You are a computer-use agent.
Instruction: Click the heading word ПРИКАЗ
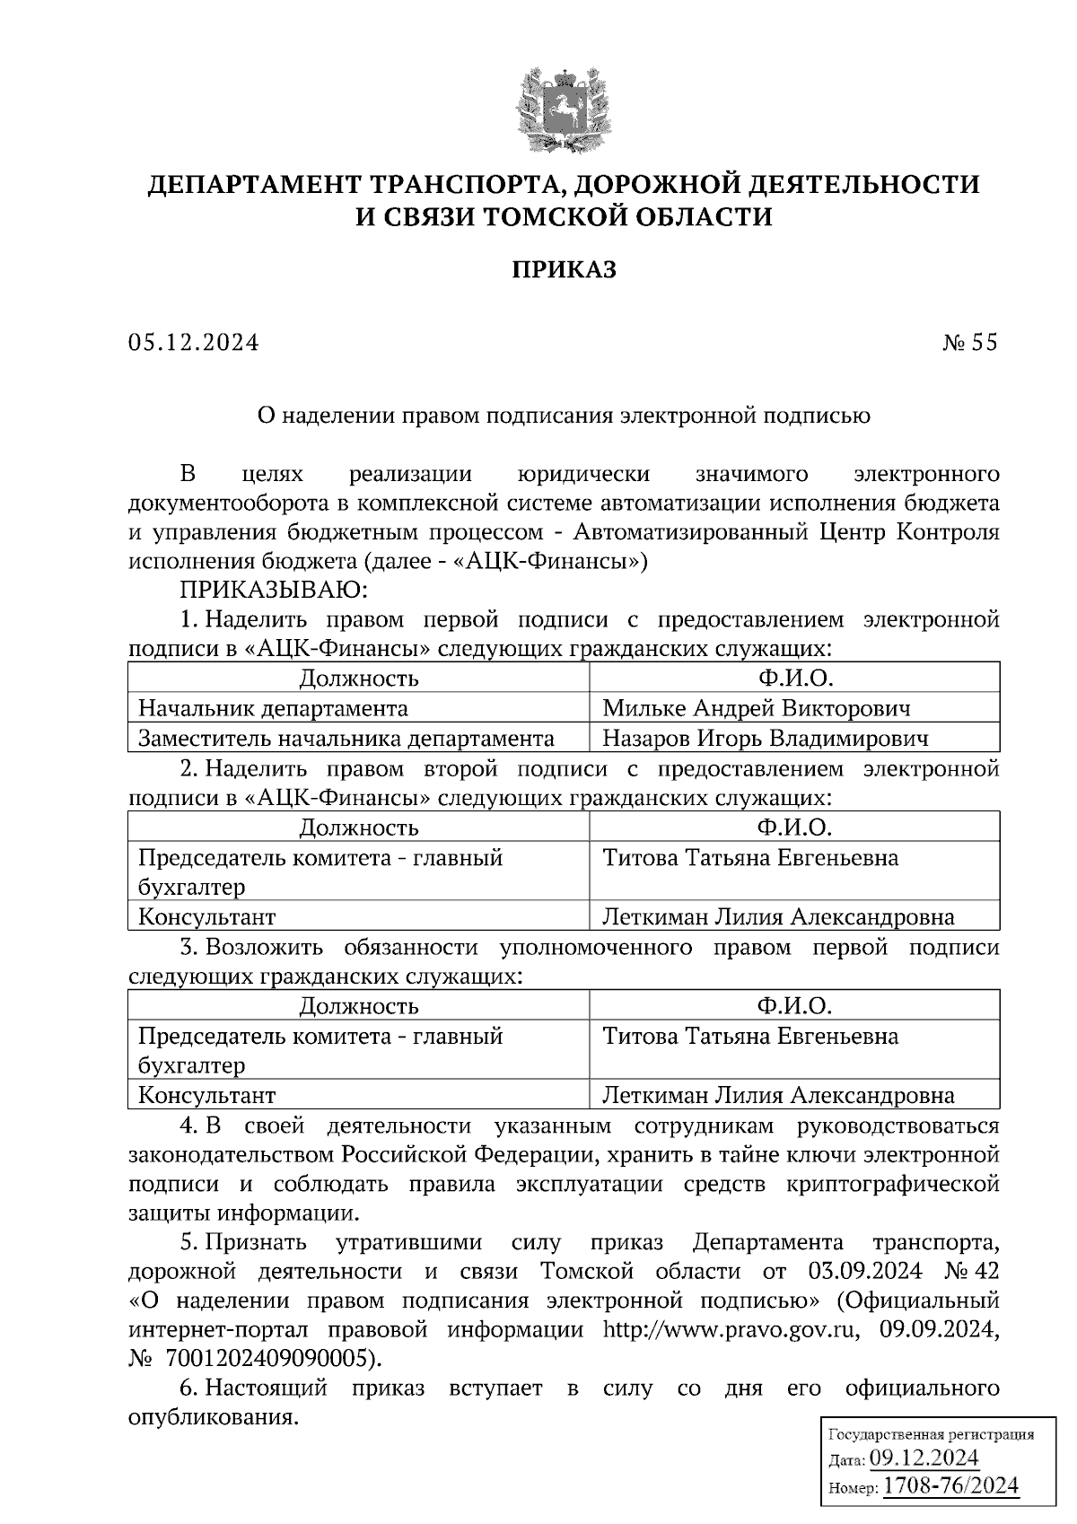coord(564,269)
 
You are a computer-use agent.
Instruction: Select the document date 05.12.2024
coord(193,342)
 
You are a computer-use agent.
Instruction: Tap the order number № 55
coord(969,342)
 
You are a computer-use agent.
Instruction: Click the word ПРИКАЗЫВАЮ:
coord(274,591)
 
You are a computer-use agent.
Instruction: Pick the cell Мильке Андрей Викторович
coord(756,708)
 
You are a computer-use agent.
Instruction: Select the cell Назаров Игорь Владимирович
coord(765,738)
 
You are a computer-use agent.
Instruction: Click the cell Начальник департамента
coord(273,708)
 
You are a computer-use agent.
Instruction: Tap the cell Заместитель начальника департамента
coord(346,738)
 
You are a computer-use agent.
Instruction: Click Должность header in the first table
coord(358,678)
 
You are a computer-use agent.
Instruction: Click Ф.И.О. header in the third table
coord(794,1005)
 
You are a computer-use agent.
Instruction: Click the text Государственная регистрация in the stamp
coord(929,1433)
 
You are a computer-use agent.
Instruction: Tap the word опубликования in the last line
coord(212,1417)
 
